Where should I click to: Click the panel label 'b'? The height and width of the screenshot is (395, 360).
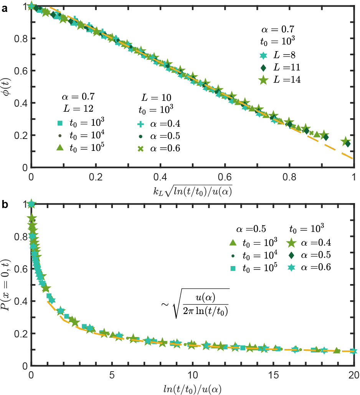point(4,205)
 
